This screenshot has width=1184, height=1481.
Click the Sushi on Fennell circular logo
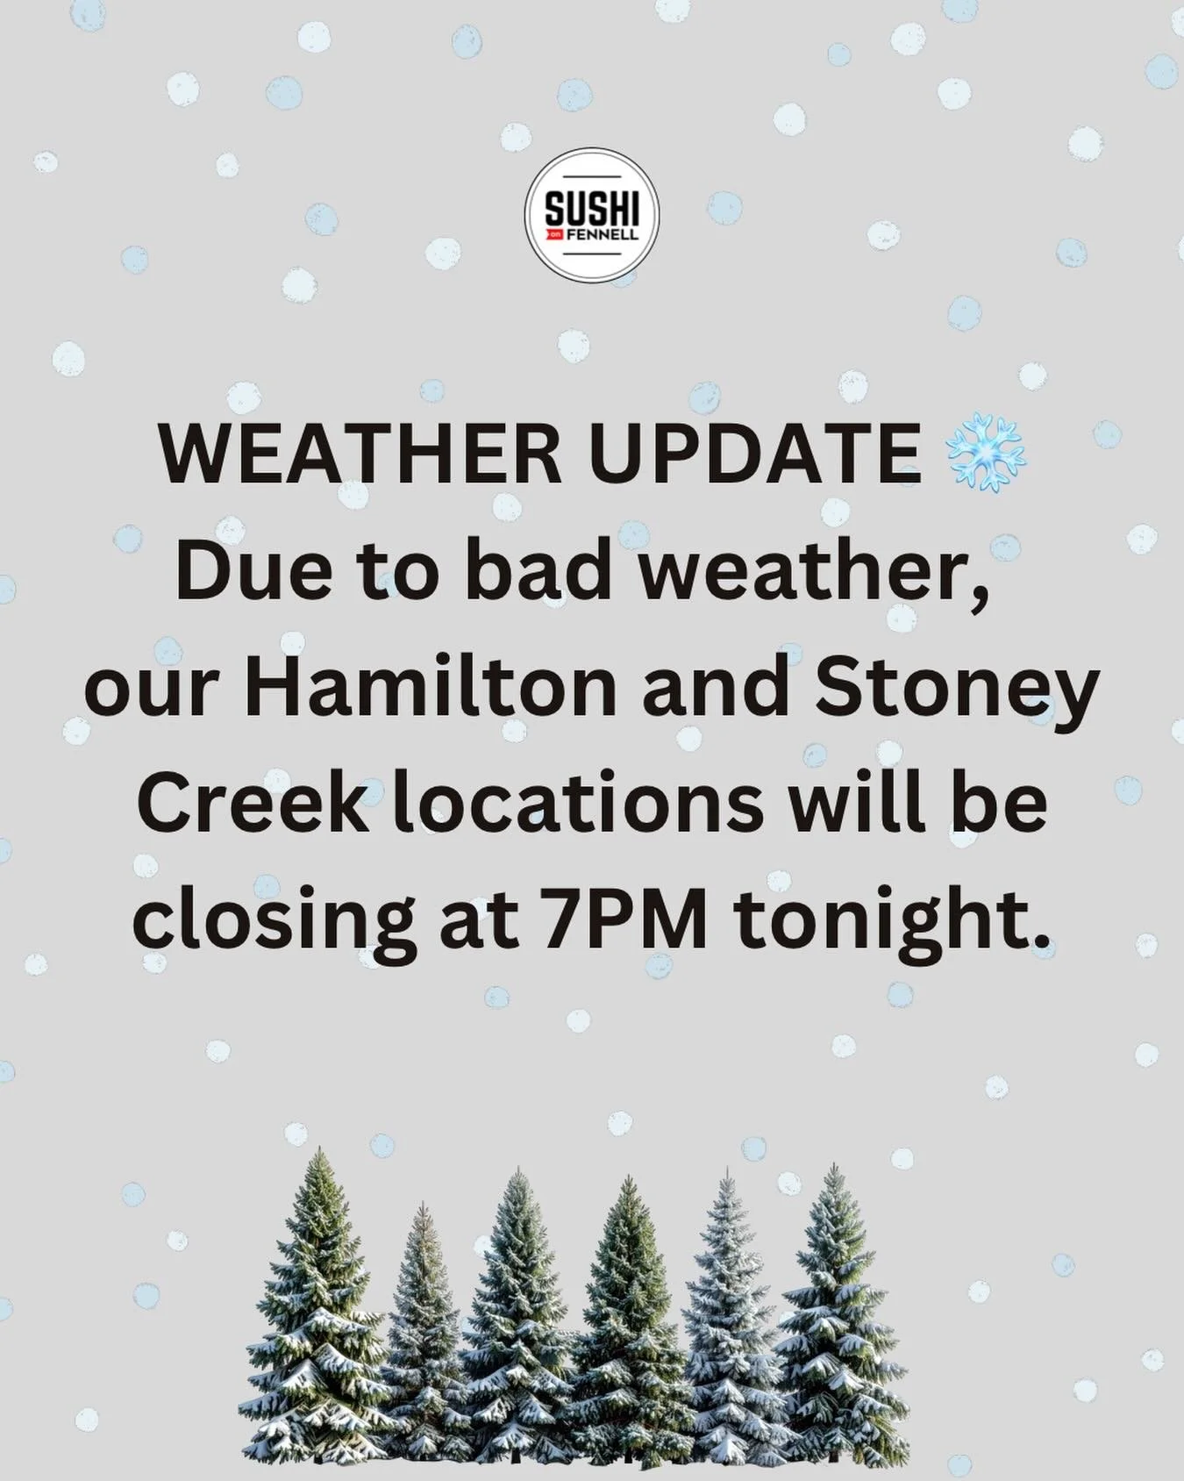click(591, 216)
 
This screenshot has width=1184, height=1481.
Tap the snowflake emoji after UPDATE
click(985, 453)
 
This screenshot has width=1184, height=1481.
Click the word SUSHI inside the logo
click(591, 210)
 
